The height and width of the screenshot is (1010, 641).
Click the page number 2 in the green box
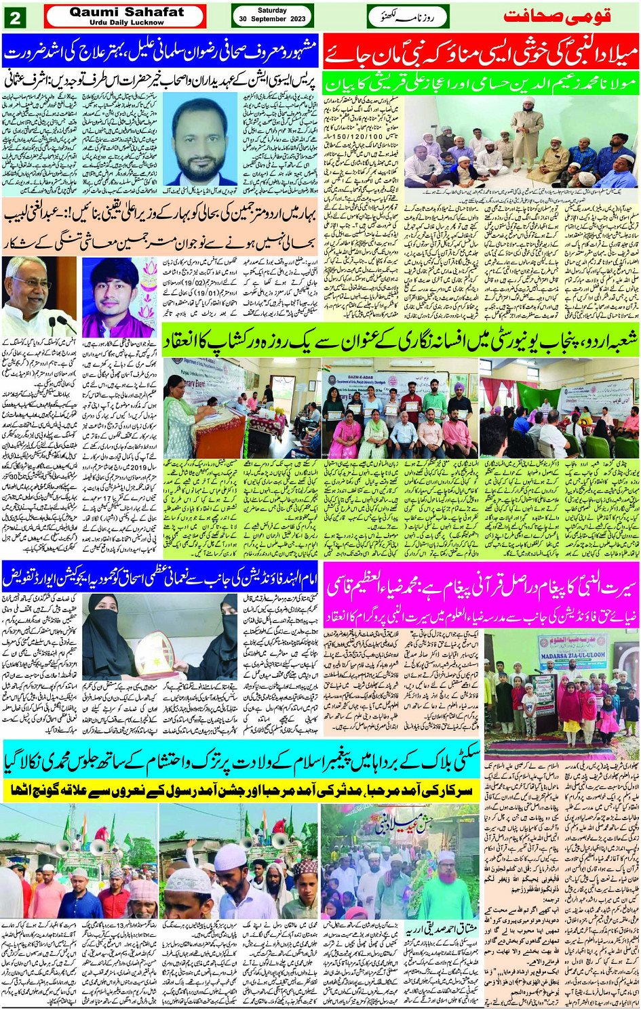point(14,16)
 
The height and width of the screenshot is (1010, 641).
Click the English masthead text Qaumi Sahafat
point(126,12)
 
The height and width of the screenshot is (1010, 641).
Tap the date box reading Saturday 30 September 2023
point(273,16)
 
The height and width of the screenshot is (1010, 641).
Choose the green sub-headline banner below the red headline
point(481,82)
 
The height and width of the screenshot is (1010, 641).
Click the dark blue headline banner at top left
point(160,49)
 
